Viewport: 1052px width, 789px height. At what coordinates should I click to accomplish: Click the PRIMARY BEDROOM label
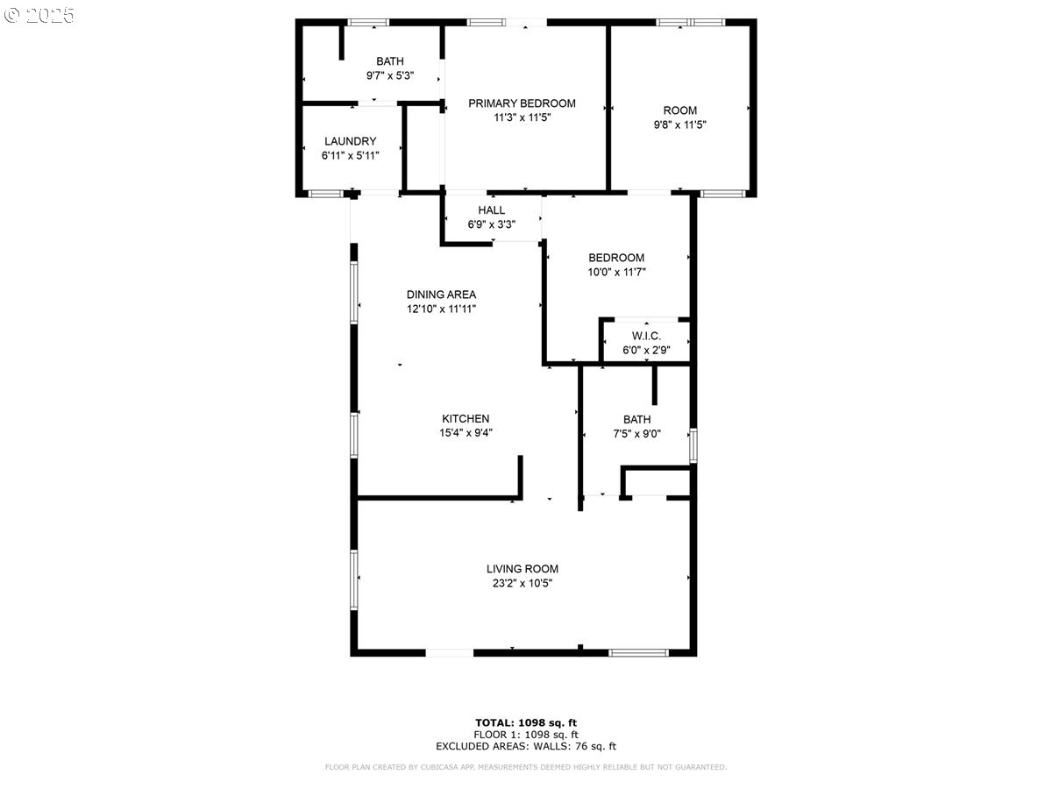click(x=522, y=103)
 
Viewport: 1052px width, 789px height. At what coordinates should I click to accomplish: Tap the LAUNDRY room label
click(x=351, y=141)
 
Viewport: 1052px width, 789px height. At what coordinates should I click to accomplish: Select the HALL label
click(x=491, y=210)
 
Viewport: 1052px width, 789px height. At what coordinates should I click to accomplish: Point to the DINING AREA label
click(x=441, y=295)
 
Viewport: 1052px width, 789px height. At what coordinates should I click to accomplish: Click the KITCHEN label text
click(x=466, y=419)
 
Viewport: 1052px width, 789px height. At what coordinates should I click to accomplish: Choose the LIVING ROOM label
click(x=522, y=569)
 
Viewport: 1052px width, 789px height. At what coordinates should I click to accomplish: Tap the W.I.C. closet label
click(x=646, y=336)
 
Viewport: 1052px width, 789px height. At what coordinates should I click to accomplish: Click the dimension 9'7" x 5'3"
click(x=390, y=75)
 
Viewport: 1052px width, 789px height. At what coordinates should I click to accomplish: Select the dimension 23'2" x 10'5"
click(x=522, y=583)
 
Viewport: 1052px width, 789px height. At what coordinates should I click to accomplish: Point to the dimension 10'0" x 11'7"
click(x=616, y=272)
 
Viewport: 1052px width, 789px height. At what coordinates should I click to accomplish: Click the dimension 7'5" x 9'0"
click(x=637, y=434)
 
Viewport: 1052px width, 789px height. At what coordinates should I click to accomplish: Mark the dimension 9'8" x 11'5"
click(x=679, y=125)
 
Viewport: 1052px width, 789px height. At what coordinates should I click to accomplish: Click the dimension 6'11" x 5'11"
click(x=351, y=156)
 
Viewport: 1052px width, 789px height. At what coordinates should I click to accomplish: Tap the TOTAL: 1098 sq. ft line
click(x=526, y=723)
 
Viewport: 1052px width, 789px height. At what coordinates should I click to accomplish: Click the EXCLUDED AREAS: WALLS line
click(x=526, y=746)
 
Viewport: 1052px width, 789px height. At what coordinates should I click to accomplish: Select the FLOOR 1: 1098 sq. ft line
click(x=526, y=735)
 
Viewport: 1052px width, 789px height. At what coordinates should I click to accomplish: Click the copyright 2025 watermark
click(x=39, y=15)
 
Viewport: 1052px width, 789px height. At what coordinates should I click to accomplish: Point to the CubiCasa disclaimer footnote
click(x=526, y=767)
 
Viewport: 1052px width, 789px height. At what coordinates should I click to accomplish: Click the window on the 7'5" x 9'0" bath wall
click(x=693, y=446)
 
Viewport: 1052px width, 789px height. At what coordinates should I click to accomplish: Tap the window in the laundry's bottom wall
click(x=325, y=194)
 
